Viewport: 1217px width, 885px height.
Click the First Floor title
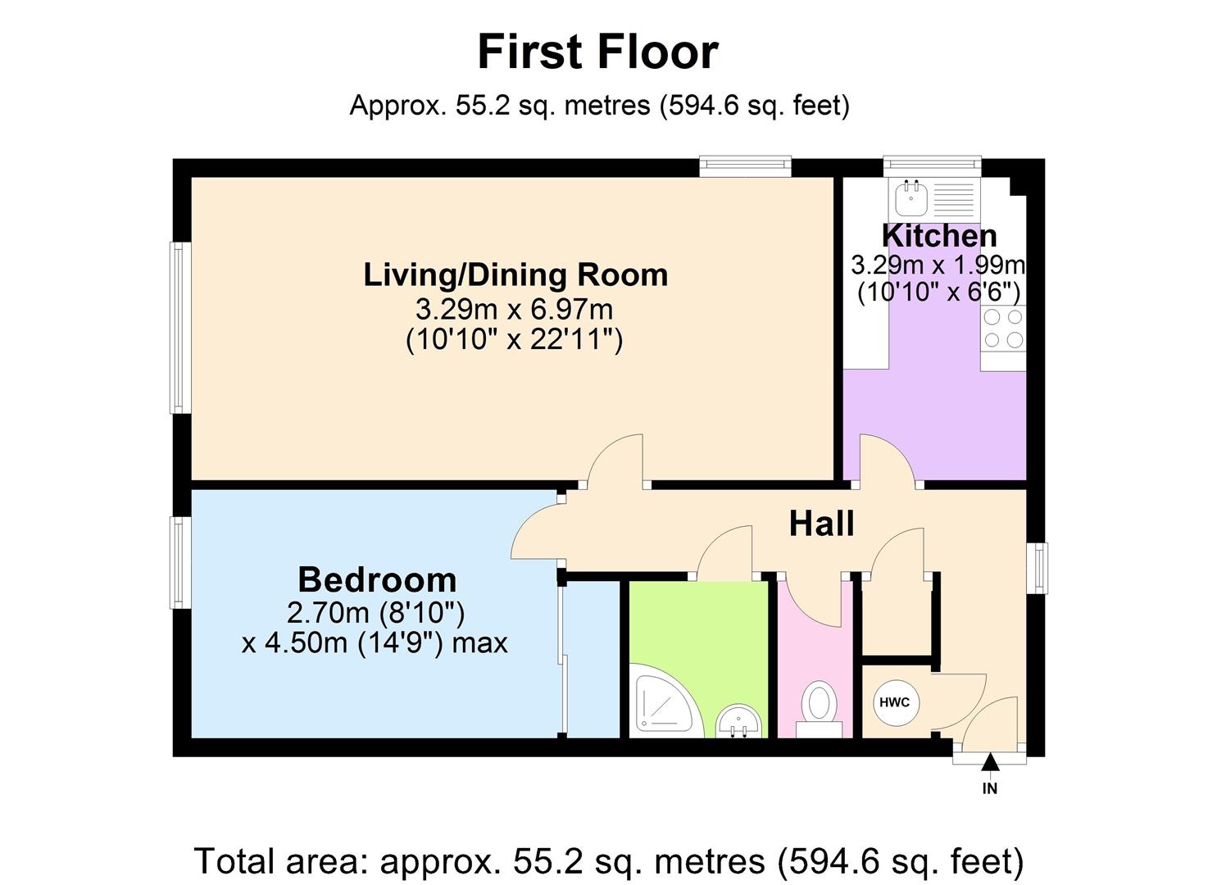[x=597, y=52]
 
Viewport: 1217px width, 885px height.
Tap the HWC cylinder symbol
[x=895, y=702]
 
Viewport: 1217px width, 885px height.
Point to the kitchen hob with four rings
[x=1003, y=329]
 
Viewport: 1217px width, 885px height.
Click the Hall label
[x=821, y=524]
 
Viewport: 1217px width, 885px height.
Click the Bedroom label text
[x=377, y=579]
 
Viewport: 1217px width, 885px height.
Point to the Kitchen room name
[x=939, y=236]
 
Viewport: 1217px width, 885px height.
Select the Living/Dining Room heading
[x=515, y=275]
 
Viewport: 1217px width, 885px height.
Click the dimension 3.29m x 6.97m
[x=514, y=310]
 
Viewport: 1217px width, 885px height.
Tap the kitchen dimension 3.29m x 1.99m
[x=938, y=265]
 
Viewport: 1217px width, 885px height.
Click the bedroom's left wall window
[x=180, y=562]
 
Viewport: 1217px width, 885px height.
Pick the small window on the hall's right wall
[x=1038, y=567]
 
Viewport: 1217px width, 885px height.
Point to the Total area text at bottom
[x=608, y=861]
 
